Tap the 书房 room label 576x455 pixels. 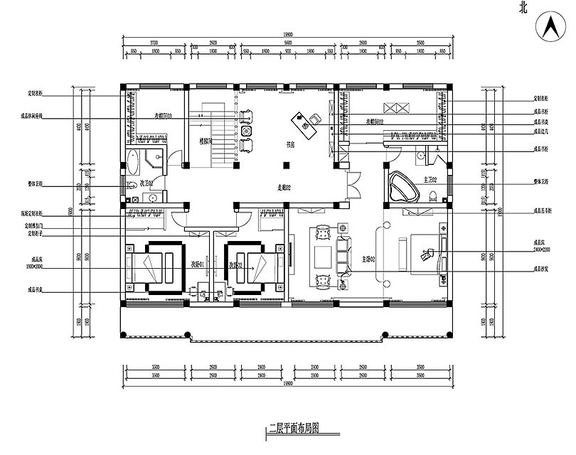pos(290,143)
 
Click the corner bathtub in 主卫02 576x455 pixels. pos(402,186)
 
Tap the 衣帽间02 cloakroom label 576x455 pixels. pos(375,122)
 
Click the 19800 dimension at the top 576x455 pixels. pos(288,36)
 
